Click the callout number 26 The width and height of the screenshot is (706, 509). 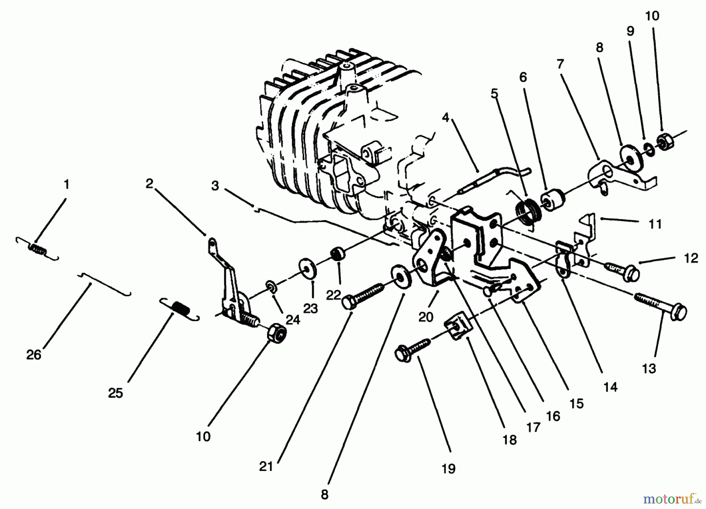point(34,355)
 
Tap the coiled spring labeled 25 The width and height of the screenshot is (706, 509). point(180,308)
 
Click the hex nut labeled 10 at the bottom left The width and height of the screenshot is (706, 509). point(276,333)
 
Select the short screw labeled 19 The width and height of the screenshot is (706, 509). point(413,350)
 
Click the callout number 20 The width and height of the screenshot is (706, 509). point(426,316)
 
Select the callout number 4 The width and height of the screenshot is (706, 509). point(445,117)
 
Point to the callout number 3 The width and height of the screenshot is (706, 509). point(215,185)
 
